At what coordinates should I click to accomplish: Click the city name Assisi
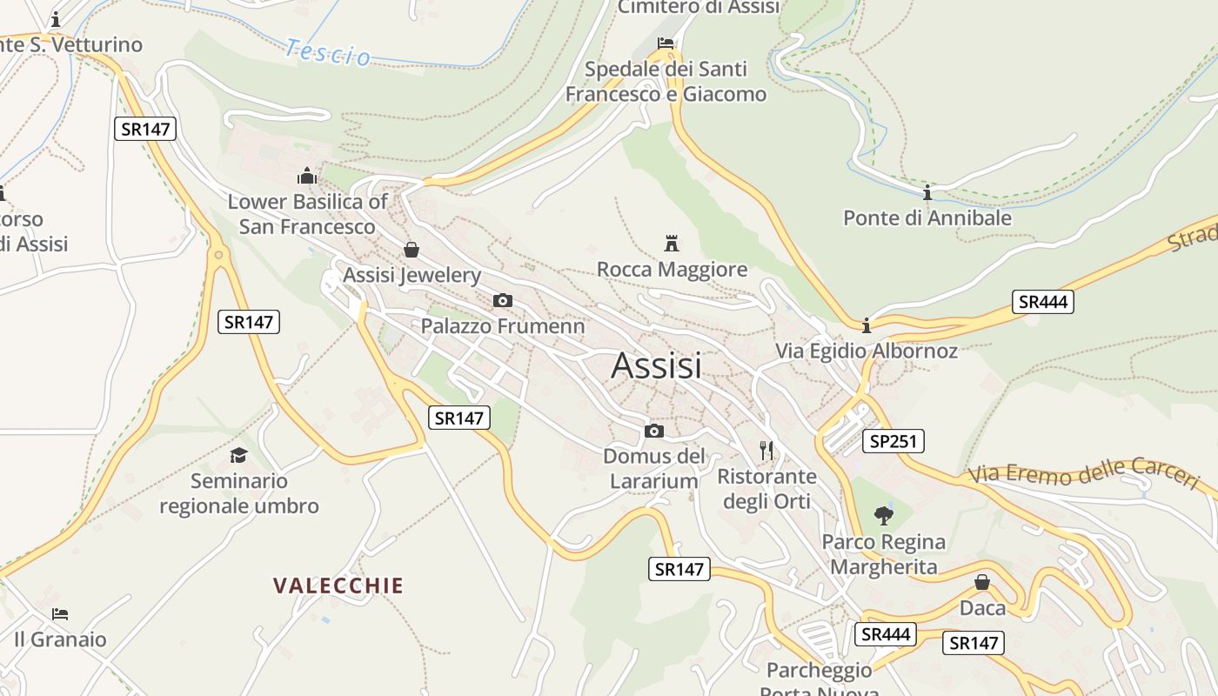pyautogui.click(x=656, y=365)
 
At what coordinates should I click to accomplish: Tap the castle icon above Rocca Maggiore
pyautogui.click(x=671, y=243)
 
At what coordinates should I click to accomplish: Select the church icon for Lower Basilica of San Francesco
pyautogui.click(x=306, y=176)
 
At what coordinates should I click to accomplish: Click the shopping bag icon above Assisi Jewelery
pyautogui.click(x=412, y=251)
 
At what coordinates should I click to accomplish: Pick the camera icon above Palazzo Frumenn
pyautogui.click(x=502, y=300)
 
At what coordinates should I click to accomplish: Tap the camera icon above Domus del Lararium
pyautogui.click(x=653, y=431)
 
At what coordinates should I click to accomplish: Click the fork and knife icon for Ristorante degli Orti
pyautogui.click(x=766, y=450)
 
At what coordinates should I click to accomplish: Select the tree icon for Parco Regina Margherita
pyautogui.click(x=884, y=515)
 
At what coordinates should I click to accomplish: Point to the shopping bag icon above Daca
pyautogui.click(x=982, y=582)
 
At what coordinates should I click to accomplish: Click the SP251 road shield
pyautogui.click(x=893, y=441)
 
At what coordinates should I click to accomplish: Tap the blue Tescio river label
pyautogui.click(x=327, y=52)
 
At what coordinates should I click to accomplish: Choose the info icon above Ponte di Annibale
pyautogui.click(x=927, y=192)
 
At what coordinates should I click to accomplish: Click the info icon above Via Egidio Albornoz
pyautogui.click(x=866, y=325)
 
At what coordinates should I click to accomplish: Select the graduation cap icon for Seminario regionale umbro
pyautogui.click(x=238, y=455)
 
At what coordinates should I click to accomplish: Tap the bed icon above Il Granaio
pyautogui.click(x=59, y=614)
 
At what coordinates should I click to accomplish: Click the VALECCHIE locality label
pyautogui.click(x=338, y=585)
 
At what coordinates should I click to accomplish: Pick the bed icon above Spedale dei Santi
pyautogui.click(x=666, y=43)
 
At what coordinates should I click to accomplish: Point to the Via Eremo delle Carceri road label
pyautogui.click(x=1083, y=474)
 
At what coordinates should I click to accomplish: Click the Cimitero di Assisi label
pyautogui.click(x=699, y=7)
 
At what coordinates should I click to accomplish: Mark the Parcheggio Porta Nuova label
pyautogui.click(x=819, y=678)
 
